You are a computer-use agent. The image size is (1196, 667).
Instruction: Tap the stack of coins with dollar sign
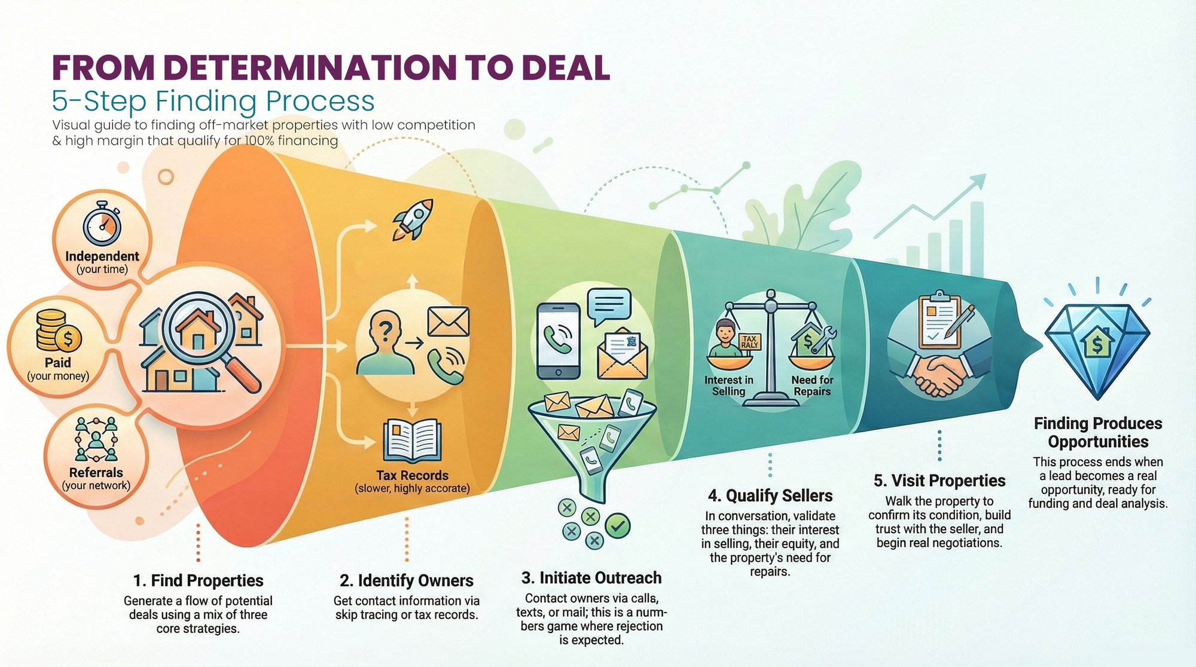tap(58, 331)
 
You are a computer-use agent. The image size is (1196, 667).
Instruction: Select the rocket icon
tap(413, 219)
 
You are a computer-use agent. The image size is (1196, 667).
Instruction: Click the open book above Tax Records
tap(413, 441)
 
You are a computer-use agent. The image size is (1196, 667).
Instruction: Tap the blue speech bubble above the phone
tap(609, 307)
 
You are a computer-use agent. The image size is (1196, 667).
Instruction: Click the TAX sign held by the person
tap(749, 342)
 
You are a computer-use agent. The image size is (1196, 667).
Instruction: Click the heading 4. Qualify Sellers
tap(770, 495)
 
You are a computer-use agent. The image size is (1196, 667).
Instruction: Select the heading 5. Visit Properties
tap(939, 481)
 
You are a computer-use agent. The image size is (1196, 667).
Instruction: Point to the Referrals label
tap(96, 472)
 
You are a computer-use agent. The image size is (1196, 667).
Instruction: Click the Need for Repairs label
tap(812, 385)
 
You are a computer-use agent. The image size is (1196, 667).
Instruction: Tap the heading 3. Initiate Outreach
tap(591, 578)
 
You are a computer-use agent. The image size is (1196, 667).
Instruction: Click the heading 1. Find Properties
tap(198, 580)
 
